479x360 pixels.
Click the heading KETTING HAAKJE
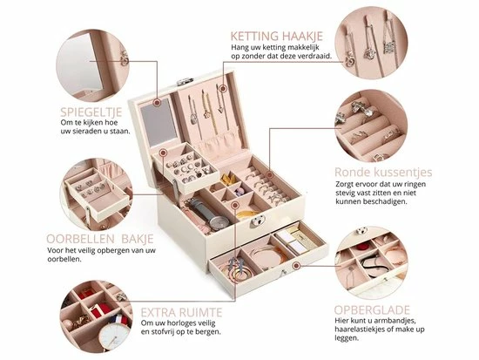pos(276,36)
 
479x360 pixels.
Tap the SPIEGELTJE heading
pos(91,112)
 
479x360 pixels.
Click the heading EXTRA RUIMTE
pos(181,313)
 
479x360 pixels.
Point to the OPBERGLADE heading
pos(372,310)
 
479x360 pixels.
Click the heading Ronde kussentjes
pos(383,172)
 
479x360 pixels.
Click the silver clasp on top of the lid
pos(186,81)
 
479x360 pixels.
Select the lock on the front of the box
pos(258,221)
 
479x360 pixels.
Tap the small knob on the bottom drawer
pos(282,270)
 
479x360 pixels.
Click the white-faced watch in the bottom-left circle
pos(114,336)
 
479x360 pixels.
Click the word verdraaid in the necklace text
pos(317,56)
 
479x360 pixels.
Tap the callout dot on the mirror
pos(157,103)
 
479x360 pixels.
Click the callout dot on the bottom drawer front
pos(295,266)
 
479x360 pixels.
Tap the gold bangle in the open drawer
pos(266,255)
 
